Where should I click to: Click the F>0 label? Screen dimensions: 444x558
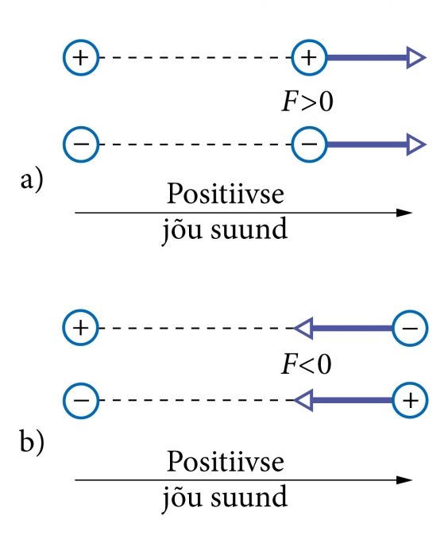pos(307,102)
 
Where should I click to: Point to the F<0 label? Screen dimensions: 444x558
pos(307,364)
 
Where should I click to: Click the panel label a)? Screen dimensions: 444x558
pos(32,180)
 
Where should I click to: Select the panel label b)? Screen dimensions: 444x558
pos(32,442)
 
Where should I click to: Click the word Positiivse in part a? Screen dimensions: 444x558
pos(226,194)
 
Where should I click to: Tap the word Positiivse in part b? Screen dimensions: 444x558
pos(226,461)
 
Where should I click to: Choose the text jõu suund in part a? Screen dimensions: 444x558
pos(225,231)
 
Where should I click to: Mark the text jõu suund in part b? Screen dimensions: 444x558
pos(225,498)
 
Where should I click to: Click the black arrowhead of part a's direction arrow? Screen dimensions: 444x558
pos(404,213)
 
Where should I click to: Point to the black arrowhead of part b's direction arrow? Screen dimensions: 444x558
pos(404,479)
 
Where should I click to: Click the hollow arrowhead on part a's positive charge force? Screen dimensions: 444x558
pos(416,57)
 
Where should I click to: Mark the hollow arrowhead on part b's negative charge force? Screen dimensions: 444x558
pos(303,328)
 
